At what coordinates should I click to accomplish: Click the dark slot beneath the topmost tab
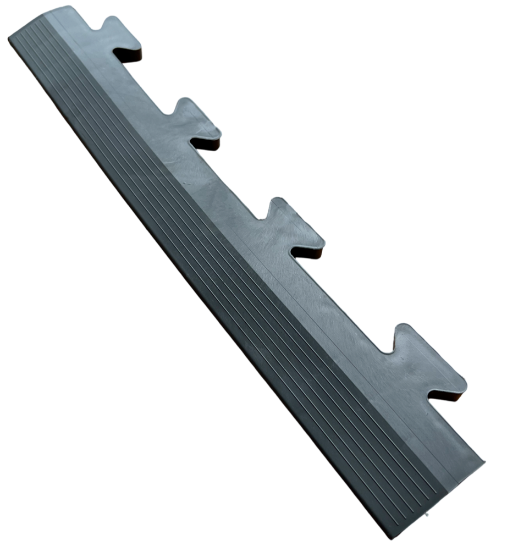click(129, 56)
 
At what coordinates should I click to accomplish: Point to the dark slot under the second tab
click(206, 144)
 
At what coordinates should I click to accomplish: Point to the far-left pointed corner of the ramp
click(9, 37)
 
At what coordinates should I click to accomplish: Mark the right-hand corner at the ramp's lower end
click(484, 462)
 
